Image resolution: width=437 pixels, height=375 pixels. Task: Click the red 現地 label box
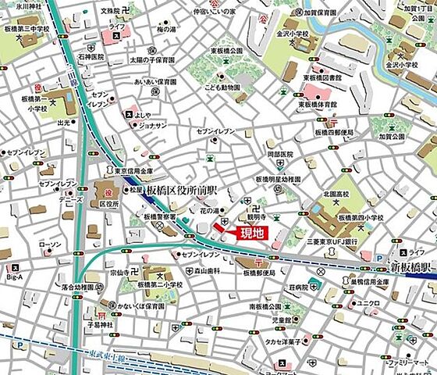pos(251,232)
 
